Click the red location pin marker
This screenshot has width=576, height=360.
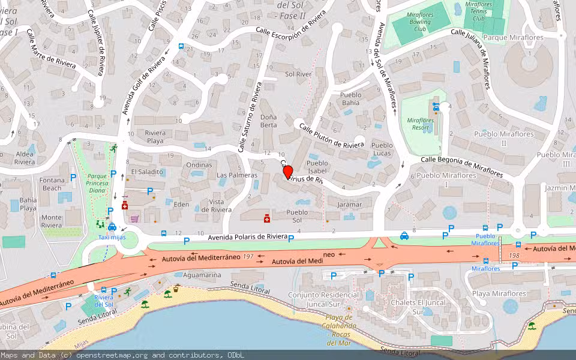click(287, 172)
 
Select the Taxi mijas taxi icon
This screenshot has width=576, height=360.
click(112, 227)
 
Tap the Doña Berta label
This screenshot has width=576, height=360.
click(268, 121)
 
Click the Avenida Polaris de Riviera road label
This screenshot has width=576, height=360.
click(247, 238)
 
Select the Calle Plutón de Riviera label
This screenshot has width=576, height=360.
click(331, 136)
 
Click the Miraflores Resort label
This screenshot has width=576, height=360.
click(420, 124)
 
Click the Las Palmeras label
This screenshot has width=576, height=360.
click(236, 175)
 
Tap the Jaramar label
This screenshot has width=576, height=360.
click(349, 205)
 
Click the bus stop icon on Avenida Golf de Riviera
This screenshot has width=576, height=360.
click(181, 46)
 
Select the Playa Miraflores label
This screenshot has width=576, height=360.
click(499, 293)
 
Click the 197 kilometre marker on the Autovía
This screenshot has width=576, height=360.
click(248, 256)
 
